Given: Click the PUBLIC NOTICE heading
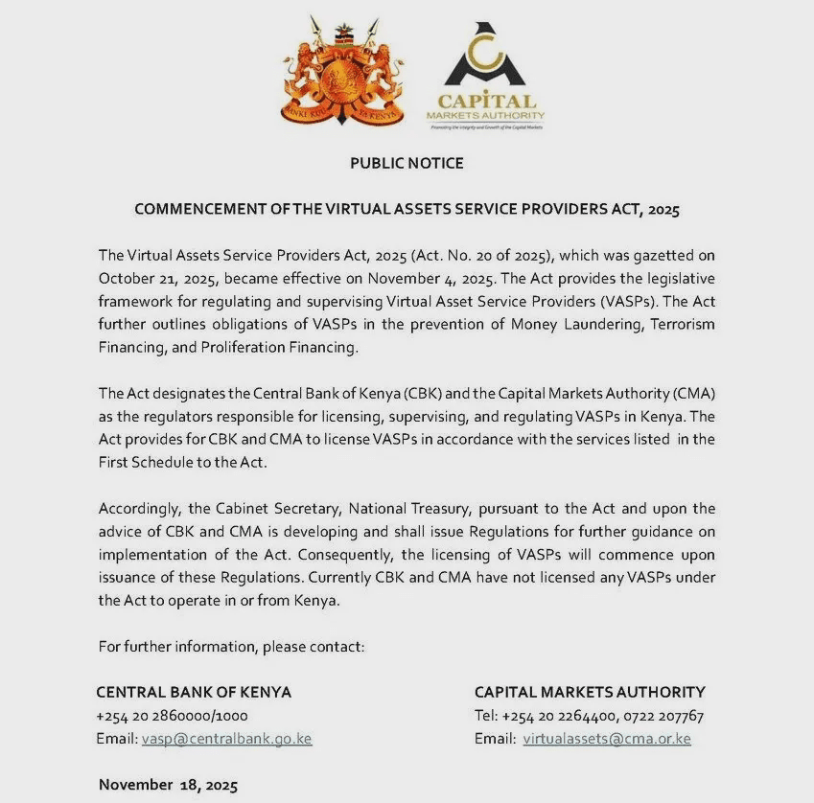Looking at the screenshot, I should (x=407, y=163).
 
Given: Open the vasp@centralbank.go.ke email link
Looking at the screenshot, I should (x=227, y=739).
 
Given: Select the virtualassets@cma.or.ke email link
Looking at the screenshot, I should (x=607, y=739).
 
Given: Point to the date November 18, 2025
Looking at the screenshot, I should (x=168, y=785).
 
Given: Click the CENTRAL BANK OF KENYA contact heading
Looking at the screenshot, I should (x=194, y=692).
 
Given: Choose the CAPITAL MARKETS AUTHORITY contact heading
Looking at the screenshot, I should (x=590, y=692).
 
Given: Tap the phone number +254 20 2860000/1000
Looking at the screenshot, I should (x=172, y=716).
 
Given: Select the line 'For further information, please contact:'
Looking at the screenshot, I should (x=231, y=647).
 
